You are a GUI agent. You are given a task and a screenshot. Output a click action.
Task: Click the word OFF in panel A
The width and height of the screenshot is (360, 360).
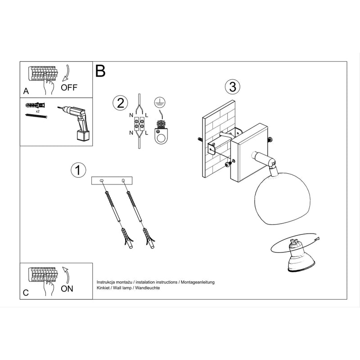(x=69, y=87)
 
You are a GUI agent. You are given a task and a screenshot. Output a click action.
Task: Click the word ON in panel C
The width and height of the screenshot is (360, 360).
(x=67, y=289)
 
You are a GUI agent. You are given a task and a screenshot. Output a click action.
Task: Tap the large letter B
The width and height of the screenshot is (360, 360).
(x=100, y=71)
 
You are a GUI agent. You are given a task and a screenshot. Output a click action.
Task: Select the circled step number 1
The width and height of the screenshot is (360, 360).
(x=78, y=170)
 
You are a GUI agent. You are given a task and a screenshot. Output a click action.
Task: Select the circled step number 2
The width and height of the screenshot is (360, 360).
(x=120, y=103)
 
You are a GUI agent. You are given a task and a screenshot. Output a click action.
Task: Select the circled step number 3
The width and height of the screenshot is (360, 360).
(x=233, y=87)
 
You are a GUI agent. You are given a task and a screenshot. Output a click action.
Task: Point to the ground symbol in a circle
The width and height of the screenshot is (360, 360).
(x=160, y=102)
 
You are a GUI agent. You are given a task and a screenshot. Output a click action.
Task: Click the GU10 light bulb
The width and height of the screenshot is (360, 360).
(x=300, y=257)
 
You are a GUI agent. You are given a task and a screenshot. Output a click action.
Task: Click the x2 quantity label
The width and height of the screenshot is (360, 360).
(x=38, y=111)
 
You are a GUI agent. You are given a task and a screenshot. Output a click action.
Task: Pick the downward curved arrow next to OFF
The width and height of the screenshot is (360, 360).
(x=66, y=73)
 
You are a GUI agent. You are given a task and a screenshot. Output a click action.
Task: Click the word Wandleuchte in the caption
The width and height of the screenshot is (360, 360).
(x=148, y=288)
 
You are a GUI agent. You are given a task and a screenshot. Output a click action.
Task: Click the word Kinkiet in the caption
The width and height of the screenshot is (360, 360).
(x=103, y=288)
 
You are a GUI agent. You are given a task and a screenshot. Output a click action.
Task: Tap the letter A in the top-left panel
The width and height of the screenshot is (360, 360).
(x=26, y=91)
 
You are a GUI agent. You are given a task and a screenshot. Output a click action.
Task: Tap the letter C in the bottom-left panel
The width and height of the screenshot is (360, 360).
(x=26, y=293)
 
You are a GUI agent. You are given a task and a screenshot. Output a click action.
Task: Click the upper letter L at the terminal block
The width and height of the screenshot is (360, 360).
(x=147, y=115)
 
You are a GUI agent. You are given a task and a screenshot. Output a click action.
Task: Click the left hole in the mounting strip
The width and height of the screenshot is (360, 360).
(x=102, y=181)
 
